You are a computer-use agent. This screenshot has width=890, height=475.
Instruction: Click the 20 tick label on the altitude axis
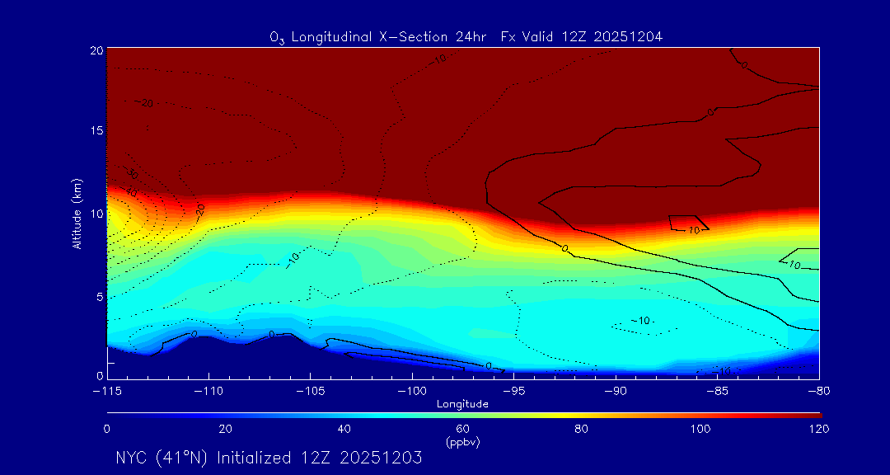point(96,50)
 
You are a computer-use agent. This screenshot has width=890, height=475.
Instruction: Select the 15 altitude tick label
point(96,131)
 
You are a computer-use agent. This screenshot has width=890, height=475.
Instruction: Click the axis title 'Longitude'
point(462,404)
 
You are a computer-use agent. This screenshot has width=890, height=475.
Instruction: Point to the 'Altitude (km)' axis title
point(77,214)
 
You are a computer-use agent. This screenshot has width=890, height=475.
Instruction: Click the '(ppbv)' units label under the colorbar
point(462,443)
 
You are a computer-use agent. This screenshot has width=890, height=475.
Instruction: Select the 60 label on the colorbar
point(462,429)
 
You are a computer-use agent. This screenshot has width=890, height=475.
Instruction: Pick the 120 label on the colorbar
point(818,429)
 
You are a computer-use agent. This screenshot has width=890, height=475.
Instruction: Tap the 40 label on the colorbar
point(344,429)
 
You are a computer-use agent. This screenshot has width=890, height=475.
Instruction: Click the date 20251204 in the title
point(634,36)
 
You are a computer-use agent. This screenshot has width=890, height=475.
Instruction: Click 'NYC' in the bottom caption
point(130,458)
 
